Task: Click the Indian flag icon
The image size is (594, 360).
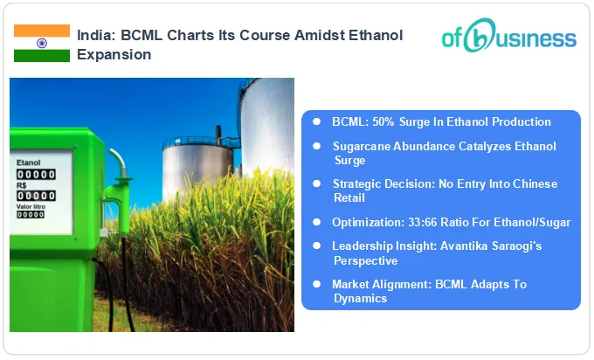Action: (x=41, y=43)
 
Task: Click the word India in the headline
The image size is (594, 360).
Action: (x=94, y=35)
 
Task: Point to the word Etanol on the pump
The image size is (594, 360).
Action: (x=29, y=163)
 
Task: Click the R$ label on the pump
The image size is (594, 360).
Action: (x=23, y=185)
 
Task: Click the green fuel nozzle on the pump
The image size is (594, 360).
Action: (x=112, y=188)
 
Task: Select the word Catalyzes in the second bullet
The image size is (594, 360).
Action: (x=472, y=147)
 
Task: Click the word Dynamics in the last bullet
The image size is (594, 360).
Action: (x=360, y=298)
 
